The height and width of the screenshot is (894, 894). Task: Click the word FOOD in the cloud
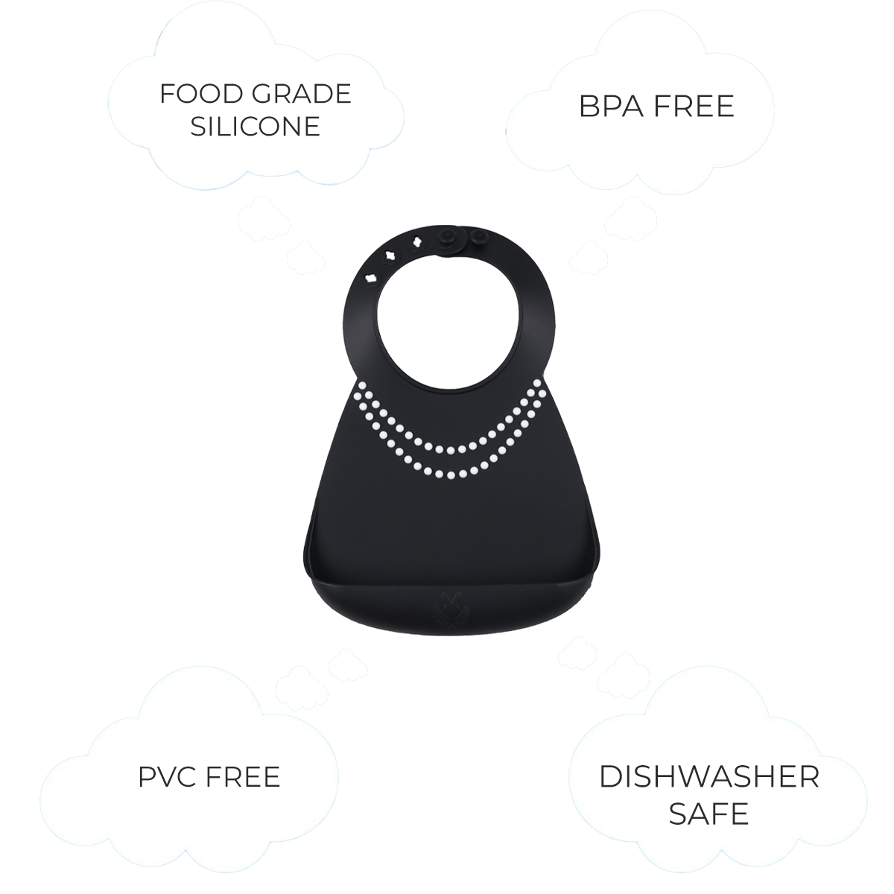pos(201,94)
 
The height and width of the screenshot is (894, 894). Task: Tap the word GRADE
pos(302,94)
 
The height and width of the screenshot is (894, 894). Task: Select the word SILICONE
pos(256,126)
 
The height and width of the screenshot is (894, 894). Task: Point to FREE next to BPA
pos(694,107)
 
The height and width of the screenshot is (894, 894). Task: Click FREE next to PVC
pos(243,776)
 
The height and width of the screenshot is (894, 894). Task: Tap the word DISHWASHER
pos(709,776)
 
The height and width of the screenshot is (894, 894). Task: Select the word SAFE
pos(709,814)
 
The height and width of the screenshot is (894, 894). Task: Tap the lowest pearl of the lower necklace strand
pos(451,475)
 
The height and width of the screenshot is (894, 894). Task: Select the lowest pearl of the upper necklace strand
pos(450,450)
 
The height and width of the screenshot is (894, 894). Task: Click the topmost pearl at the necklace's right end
pos(537,384)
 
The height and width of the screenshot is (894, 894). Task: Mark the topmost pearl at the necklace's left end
pos(363,384)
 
